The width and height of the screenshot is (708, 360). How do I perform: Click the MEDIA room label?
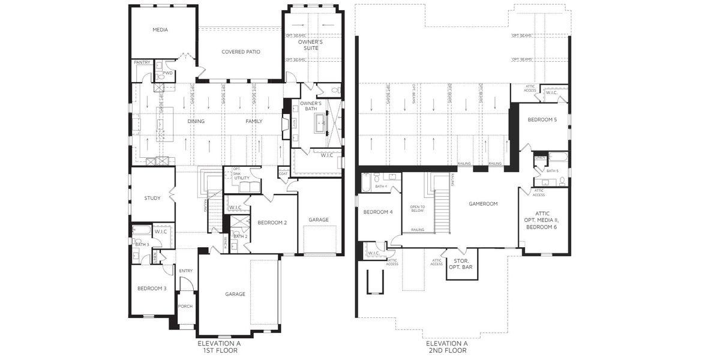pyautogui.click(x=160, y=29)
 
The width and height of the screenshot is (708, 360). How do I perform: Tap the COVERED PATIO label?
pyautogui.click(x=241, y=52)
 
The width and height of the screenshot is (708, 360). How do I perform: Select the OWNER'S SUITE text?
pyautogui.click(x=311, y=44)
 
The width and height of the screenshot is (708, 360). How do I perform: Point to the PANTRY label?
pyautogui.click(x=142, y=62)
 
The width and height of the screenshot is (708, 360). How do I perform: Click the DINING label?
pyautogui.click(x=196, y=121)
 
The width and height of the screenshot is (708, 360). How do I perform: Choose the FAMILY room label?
pyautogui.click(x=254, y=121)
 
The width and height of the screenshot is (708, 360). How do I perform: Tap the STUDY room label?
pyautogui.click(x=152, y=197)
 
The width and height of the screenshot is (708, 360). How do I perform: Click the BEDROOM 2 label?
pyautogui.click(x=272, y=223)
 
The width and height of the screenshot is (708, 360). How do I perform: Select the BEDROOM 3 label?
pyautogui.click(x=152, y=289)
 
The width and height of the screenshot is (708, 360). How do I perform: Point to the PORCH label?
pyautogui.click(x=185, y=306)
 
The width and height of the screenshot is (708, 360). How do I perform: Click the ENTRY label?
pyautogui.click(x=186, y=271)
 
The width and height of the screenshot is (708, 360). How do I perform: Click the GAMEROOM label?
pyautogui.click(x=483, y=203)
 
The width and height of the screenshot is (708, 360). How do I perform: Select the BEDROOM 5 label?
pyautogui.click(x=542, y=120)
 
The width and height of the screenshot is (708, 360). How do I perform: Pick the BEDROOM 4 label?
pyautogui.click(x=378, y=212)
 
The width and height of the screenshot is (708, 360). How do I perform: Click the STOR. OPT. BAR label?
pyautogui.click(x=462, y=264)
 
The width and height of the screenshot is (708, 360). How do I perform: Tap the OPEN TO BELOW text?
pyautogui.click(x=417, y=208)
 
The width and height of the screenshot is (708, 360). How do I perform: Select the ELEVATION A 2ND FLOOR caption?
pyautogui.click(x=446, y=347)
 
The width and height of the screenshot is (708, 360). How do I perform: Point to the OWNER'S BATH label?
pyautogui.click(x=311, y=106)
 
